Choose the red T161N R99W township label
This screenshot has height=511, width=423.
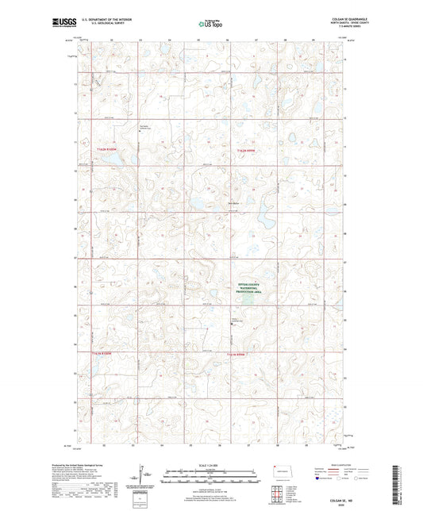tap(240, 353)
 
